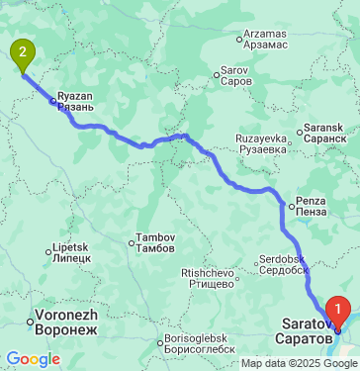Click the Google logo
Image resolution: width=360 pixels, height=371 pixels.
tap(33, 358)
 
